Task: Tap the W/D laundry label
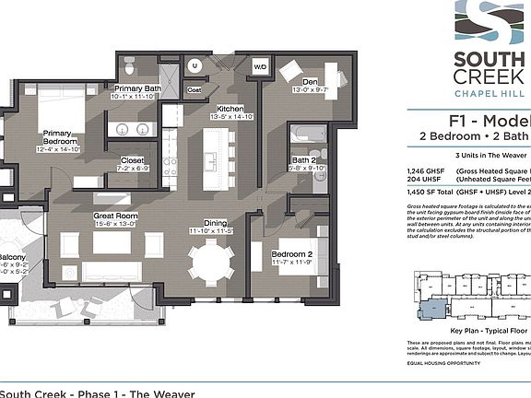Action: point(260,67)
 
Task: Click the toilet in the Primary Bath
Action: point(130,66)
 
